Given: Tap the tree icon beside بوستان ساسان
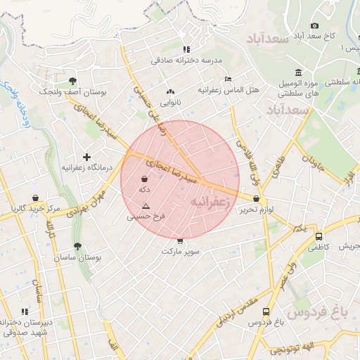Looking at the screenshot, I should (x=77, y=247).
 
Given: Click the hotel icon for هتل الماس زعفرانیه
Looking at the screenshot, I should (x=227, y=79).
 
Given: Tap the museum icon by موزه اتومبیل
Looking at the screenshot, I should (x=300, y=73).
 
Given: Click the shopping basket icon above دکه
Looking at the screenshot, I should (x=144, y=179).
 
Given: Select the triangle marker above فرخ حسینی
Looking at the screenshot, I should (x=146, y=206).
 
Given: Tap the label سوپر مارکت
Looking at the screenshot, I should (x=181, y=250).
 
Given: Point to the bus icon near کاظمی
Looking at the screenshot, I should (x=319, y=237).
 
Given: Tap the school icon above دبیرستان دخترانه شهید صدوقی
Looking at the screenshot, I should (x=25, y=311).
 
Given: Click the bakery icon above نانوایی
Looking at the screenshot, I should (x=170, y=91).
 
